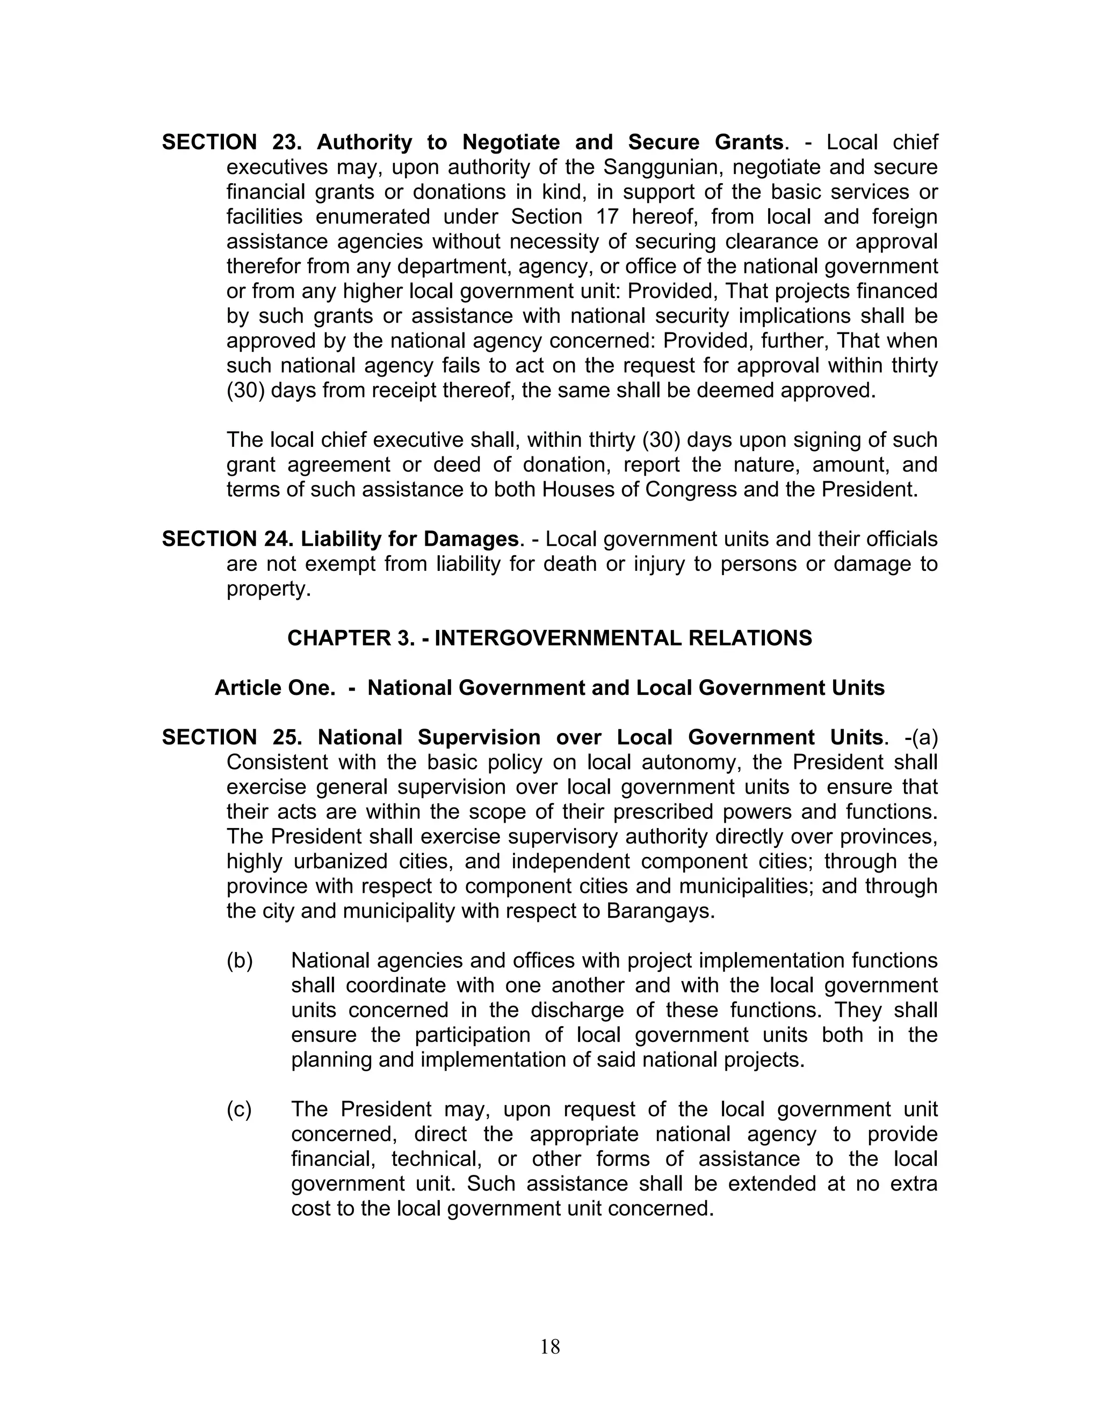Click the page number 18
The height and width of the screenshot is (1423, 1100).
pos(549,1347)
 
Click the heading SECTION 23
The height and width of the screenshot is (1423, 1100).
pos(232,142)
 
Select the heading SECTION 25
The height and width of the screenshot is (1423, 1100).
pos(232,737)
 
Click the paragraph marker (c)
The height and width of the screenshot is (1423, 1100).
pos(239,1108)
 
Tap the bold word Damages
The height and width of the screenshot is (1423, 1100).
pos(471,539)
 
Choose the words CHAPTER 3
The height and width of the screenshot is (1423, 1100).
pos(351,638)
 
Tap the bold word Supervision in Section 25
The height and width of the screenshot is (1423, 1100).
pos(479,737)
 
